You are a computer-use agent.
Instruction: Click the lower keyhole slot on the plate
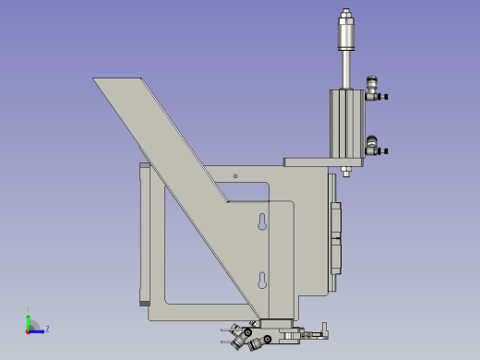click(x=262, y=281)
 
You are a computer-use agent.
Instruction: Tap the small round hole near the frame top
click(x=235, y=175)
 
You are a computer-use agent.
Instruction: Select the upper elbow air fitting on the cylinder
click(x=374, y=90)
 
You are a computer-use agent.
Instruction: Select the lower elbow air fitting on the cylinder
click(x=374, y=146)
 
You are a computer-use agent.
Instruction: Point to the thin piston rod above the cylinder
click(x=346, y=69)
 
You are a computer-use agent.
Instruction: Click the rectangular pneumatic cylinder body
click(x=347, y=125)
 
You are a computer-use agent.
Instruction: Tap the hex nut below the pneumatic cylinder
click(x=345, y=170)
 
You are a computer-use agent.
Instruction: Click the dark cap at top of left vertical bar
click(x=144, y=165)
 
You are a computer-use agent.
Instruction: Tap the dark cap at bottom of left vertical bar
click(x=144, y=302)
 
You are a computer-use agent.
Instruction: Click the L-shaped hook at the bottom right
click(x=323, y=330)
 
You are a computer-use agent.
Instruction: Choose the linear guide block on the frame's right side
click(x=335, y=236)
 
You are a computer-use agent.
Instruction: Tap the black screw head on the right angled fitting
click(x=267, y=340)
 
